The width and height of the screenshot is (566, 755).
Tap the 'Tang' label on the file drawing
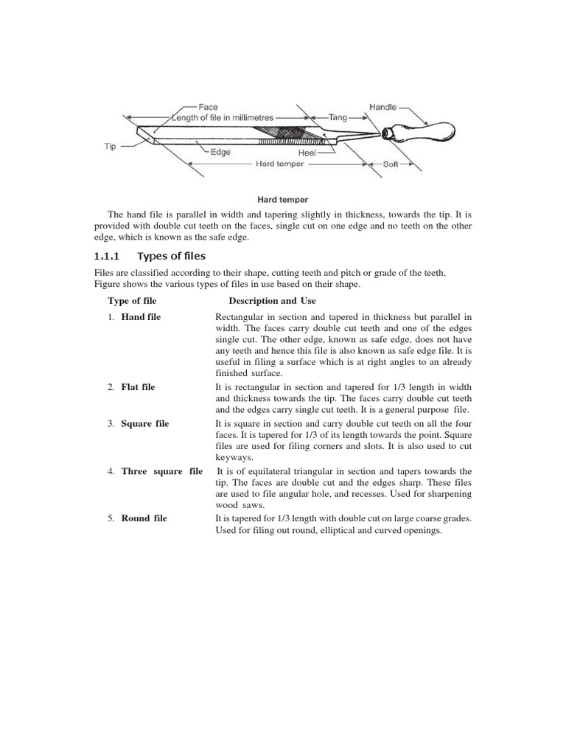point(338,117)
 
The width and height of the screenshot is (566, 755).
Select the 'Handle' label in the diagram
point(383,107)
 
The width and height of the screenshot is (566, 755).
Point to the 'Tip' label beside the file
point(110,147)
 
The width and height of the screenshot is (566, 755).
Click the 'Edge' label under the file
point(220,153)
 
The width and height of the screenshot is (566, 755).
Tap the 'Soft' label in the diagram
point(390,164)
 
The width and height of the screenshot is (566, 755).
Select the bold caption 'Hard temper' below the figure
point(282,199)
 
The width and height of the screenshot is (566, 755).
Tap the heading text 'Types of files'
point(172,256)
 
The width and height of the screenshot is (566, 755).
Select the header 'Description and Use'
point(272,301)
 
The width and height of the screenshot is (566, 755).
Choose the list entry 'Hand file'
point(141,316)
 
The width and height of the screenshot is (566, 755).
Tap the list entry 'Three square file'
point(161,471)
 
